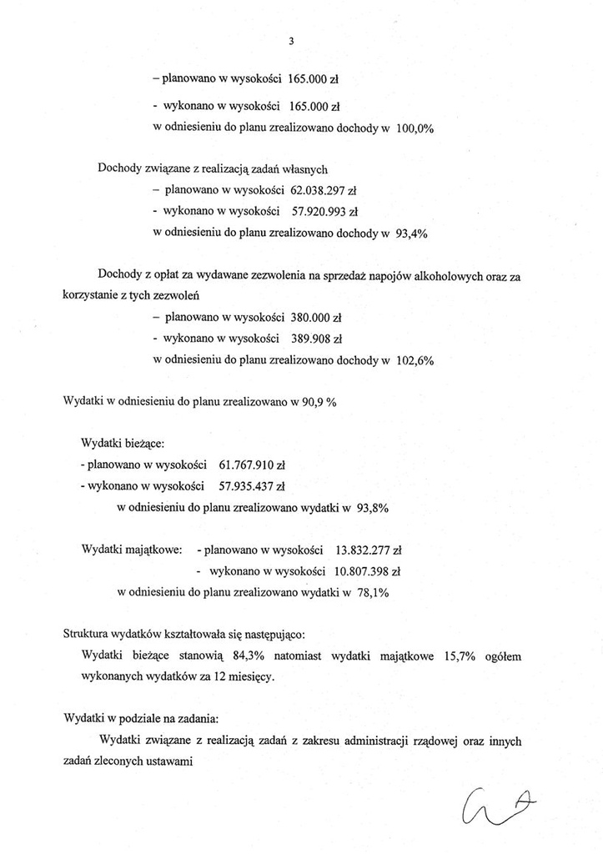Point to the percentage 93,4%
coord(411,234)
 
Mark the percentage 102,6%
coord(414,361)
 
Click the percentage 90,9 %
coord(319,402)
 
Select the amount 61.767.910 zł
coord(251,464)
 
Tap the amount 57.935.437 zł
coord(251,485)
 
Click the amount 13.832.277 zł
coord(368,550)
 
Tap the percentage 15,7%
coord(457,657)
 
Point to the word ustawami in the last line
coord(169,761)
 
